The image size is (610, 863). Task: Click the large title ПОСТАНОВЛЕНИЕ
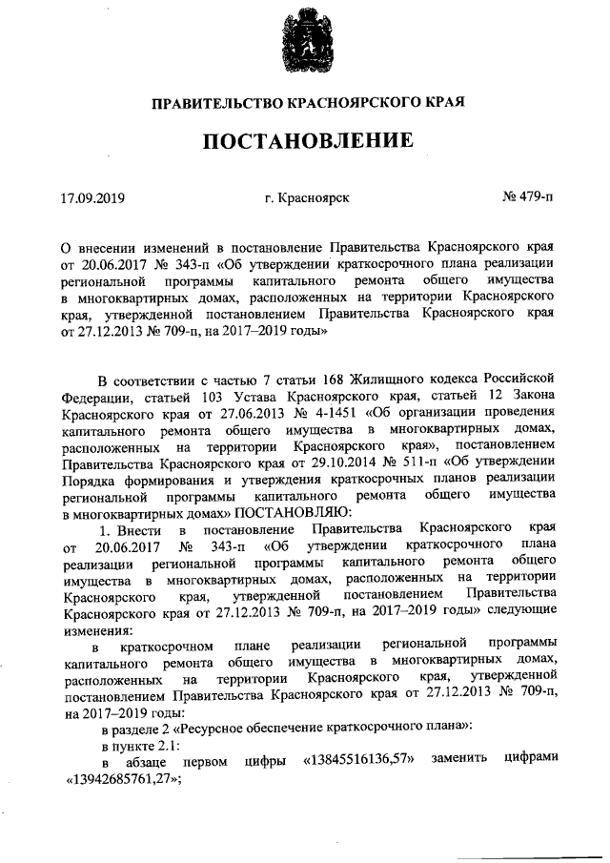[x=307, y=141]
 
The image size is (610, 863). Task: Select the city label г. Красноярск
[x=308, y=198]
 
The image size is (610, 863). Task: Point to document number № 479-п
[x=526, y=198]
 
